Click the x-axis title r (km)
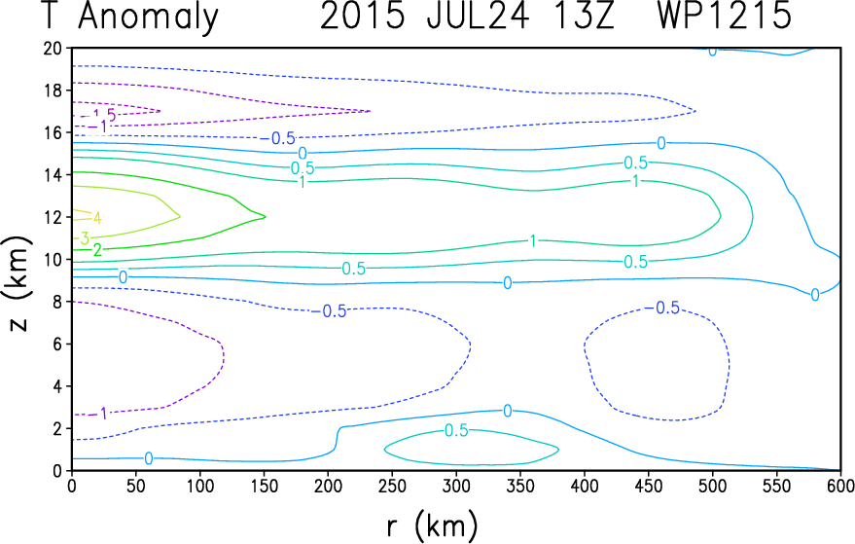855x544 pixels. pyautogui.click(x=428, y=526)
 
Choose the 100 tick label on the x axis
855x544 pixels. pyautogui.click(x=199, y=485)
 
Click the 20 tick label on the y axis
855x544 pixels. pyautogui.click(x=53, y=48)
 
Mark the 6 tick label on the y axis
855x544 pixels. pyautogui.click(x=57, y=344)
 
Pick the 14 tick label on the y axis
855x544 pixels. pyautogui.click(x=53, y=174)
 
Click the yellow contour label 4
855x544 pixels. pyautogui.click(x=96, y=217)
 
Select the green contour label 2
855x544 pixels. pyautogui.click(x=96, y=250)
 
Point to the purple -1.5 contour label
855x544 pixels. pyautogui.click(x=104, y=116)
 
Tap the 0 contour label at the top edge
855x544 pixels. pyautogui.click(x=712, y=50)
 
